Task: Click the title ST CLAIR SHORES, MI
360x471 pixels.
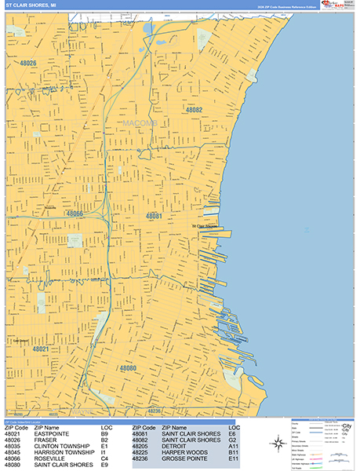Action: [31, 5]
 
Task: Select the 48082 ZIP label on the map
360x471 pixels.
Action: [194, 110]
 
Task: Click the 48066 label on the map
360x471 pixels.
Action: [75, 214]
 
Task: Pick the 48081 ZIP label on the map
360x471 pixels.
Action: [154, 215]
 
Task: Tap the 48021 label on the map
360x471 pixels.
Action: [42, 349]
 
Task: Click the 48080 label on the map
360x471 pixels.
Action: [128, 367]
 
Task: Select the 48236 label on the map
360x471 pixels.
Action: [155, 411]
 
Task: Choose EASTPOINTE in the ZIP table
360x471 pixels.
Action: [52, 433]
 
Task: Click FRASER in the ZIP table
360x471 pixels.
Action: [45, 440]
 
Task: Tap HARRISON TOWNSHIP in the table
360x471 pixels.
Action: [65, 453]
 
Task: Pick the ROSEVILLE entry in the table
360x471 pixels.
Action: [49, 459]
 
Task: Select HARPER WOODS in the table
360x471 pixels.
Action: [184, 453]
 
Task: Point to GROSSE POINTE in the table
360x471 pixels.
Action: [185, 459]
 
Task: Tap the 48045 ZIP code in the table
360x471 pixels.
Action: [13, 453]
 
